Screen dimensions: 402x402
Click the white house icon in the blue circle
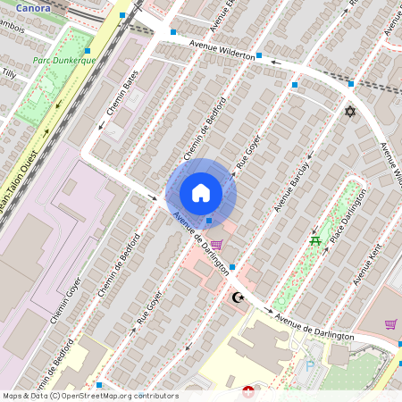(x=201, y=193)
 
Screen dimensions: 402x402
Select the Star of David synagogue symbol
(x=350, y=112)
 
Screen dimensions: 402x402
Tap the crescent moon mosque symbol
(x=237, y=297)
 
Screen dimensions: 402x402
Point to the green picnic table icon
(x=314, y=240)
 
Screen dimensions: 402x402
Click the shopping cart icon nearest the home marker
(x=215, y=245)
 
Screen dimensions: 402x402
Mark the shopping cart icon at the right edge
(x=389, y=323)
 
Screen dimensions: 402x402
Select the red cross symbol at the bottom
(x=248, y=390)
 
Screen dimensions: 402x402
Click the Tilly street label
(x=8, y=73)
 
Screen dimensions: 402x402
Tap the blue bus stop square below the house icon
(x=209, y=220)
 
